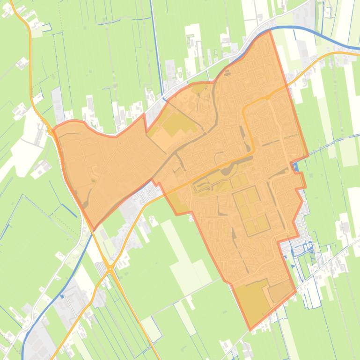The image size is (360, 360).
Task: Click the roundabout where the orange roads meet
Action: tap(110, 269)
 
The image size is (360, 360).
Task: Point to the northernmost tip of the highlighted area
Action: tap(270, 31)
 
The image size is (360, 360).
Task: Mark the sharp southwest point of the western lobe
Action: tap(94, 230)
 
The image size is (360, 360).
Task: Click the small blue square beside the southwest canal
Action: tap(61, 295)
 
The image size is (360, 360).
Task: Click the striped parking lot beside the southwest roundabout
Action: tap(101, 269)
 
